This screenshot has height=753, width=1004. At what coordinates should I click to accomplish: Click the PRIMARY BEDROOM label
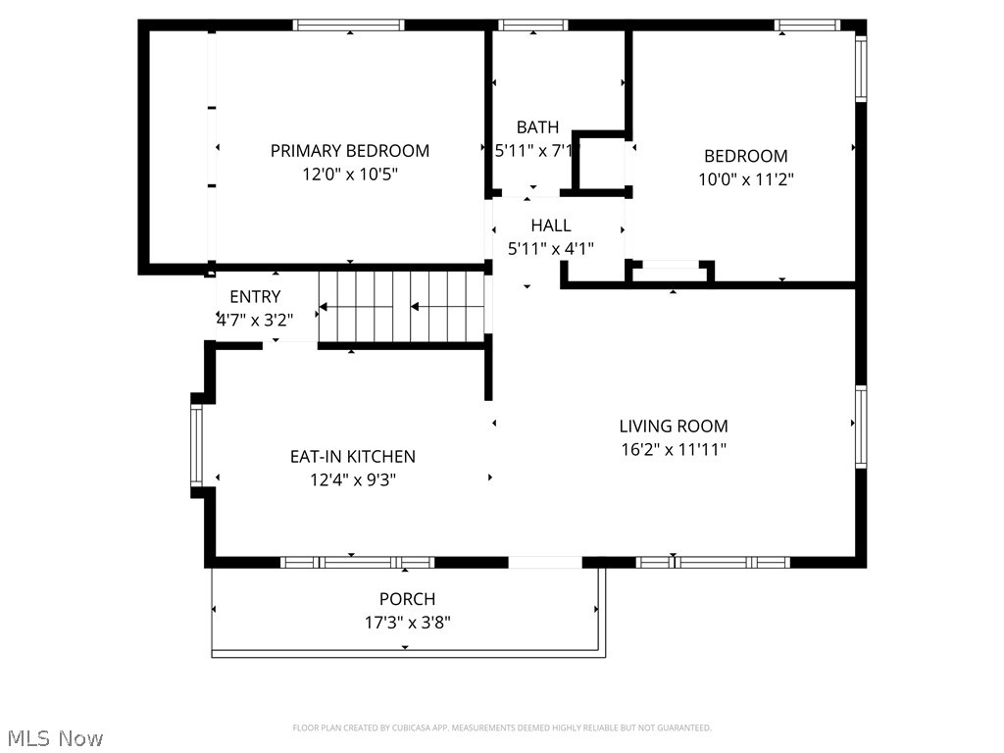349,151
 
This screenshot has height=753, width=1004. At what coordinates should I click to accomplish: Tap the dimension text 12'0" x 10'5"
349,175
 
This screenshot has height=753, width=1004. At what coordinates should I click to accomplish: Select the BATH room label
537,127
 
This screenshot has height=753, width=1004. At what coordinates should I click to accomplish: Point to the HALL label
550,226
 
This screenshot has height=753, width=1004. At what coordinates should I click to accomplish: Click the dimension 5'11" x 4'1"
550,249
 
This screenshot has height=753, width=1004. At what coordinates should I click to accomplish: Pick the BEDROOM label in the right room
745,156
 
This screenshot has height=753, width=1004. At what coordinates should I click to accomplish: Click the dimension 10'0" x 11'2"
745,179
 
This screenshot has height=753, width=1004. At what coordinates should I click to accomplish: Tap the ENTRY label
255,297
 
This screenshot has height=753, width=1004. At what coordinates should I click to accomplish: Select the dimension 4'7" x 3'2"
255,319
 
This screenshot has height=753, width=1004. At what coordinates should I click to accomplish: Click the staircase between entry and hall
402,306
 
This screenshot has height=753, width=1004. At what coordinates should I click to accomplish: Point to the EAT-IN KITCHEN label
352,457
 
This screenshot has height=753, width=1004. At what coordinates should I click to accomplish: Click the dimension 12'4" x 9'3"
352,480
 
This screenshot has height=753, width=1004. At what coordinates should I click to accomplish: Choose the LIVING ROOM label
674,427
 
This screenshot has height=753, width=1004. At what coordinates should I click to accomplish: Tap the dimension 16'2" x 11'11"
674,450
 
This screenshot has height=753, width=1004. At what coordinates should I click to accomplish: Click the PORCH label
407,599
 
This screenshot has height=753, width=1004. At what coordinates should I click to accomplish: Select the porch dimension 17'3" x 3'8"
407,623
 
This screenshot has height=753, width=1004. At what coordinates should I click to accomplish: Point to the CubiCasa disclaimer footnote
502,728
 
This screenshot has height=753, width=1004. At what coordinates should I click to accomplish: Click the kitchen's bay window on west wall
196,446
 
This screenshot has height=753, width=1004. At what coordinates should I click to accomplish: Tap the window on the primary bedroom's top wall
349,25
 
